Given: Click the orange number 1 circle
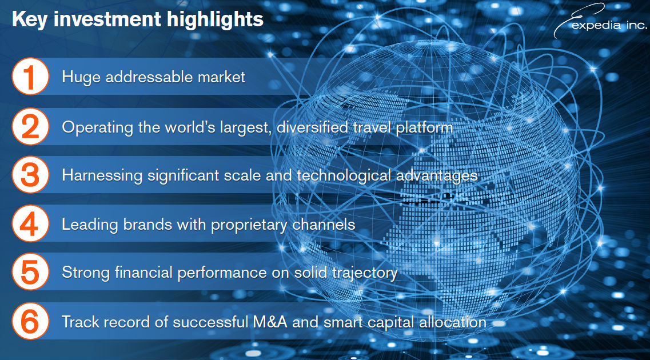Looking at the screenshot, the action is pos(30,76).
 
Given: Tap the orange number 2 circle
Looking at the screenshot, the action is pos(30,126).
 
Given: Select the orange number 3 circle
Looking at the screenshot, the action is pos(30,174).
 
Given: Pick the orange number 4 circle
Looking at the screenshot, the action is pos(30,223).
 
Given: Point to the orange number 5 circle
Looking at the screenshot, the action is pos(30,272).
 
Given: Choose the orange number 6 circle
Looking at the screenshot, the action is pos(30,321).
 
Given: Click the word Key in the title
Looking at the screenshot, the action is pos(29,20).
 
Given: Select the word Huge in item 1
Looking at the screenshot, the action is pos(81,78).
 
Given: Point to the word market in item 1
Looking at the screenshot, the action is pos(221,77).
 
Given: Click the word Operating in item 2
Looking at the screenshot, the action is pos(97,127).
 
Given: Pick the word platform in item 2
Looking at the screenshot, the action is pos(425,127).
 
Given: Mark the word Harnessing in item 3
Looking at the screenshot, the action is pos(102,175).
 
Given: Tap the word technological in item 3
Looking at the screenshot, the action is pos(344,175).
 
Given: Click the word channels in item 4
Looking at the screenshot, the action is pos(324,224).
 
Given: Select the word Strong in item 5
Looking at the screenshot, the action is pos(86,273).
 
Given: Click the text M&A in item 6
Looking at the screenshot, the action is pos(270,322).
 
